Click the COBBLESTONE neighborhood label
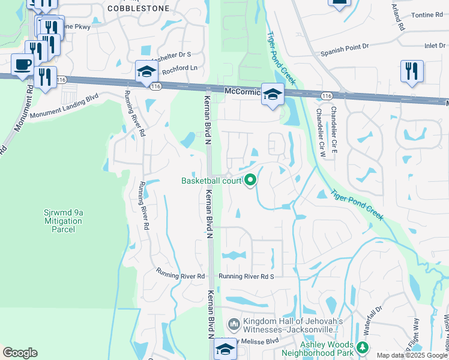click(138, 8)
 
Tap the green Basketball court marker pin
click(251, 179)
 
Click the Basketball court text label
click(211, 181)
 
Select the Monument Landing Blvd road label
click(64, 107)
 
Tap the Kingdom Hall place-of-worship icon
click(234, 324)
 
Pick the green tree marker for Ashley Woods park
click(362, 347)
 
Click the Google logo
click(20, 353)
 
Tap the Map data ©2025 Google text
click(412, 355)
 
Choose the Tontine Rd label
click(427, 15)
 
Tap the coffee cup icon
click(23, 65)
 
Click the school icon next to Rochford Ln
click(145, 73)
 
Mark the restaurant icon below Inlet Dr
click(412, 71)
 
